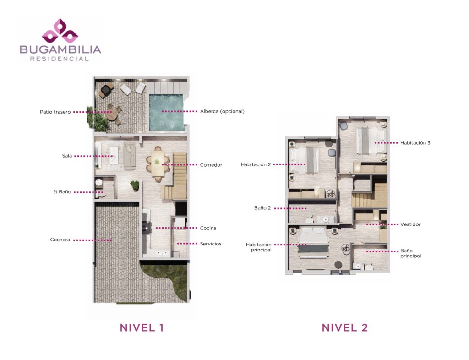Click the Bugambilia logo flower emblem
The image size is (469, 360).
60,31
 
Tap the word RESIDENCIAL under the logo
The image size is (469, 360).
60,59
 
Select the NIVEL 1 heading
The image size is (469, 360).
142,327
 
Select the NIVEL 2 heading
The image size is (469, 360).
344,327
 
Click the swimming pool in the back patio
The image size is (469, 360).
166,112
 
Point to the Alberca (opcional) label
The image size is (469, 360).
222,112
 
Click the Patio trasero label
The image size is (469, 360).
55,112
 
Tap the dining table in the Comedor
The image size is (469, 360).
158,163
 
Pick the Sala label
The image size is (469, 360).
67,156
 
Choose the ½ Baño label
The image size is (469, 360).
62,191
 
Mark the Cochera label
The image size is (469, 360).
60,240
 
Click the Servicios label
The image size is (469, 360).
211,244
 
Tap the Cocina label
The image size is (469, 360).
208,228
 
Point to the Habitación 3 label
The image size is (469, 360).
415,143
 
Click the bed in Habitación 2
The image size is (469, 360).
304,160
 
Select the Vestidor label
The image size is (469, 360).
410,224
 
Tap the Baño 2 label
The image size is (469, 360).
262,208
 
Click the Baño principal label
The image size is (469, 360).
410,253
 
